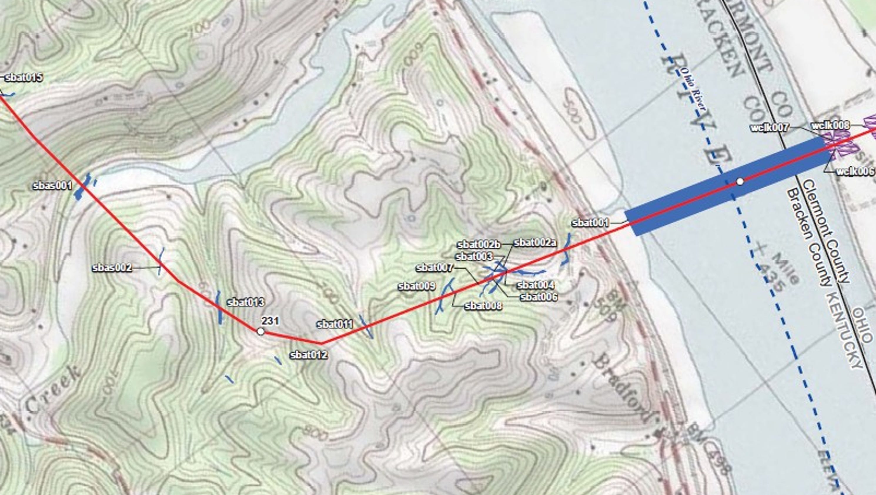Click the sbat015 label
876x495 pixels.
(x=24, y=78)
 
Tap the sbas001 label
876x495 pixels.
(x=52, y=186)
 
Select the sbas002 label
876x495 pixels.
(x=112, y=268)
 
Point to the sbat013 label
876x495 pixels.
(x=245, y=302)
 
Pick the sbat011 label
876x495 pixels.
(x=335, y=324)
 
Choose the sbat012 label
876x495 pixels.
(x=308, y=355)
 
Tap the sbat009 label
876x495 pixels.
(x=417, y=286)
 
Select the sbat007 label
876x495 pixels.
(x=434, y=268)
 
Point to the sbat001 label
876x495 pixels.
(x=590, y=223)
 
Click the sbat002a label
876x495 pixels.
(x=535, y=243)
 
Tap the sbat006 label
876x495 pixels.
(x=539, y=297)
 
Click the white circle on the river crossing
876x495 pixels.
(x=740, y=182)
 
